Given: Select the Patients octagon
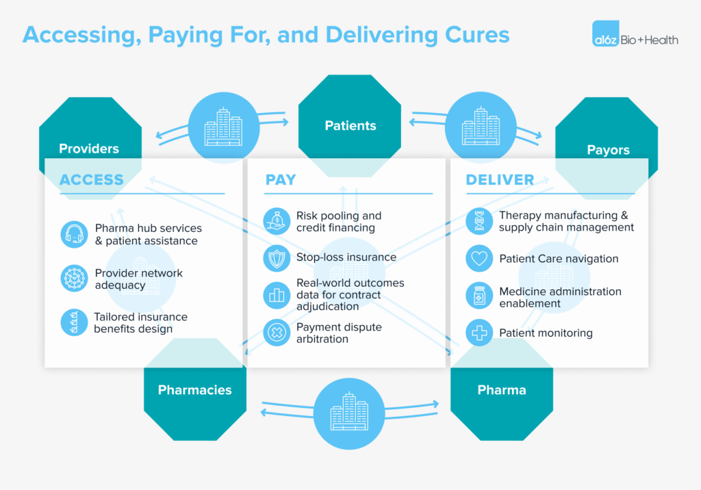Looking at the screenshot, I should click(x=350, y=125).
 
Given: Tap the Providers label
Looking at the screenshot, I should click(x=89, y=149).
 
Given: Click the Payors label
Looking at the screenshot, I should click(x=608, y=150).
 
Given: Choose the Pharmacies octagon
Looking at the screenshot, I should click(x=194, y=390).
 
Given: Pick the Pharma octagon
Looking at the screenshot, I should click(x=501, y=390).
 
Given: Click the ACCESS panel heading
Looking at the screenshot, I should click(x=92, y=180).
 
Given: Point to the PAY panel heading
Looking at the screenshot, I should click(x=281, y=180).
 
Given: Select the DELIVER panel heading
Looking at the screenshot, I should click(x=500, y=180).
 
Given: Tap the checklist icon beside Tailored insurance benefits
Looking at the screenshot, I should click(x=74, y=322).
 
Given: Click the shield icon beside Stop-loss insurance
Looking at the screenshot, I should click(x=277, y=258).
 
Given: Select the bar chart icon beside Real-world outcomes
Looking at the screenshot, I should click(x=277, y=295).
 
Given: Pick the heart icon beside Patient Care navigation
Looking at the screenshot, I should click(x=479, y=259).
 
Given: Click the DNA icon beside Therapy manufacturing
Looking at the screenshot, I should click(x=479, y=221).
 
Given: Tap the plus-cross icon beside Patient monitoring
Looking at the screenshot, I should click(x=479, y=333).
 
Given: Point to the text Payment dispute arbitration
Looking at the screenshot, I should click(x=339, y=333).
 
